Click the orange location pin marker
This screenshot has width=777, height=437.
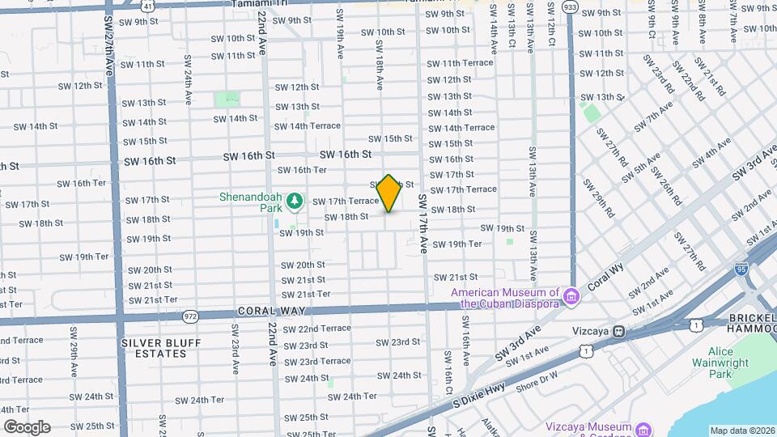(388, 193)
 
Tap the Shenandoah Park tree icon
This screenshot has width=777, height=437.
(295, 199)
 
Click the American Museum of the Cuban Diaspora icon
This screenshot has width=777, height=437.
(571, 298)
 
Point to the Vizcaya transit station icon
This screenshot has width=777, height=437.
(619, 330)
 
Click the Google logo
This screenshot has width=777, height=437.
(26, 426)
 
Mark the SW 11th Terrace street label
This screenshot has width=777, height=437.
(460, 62)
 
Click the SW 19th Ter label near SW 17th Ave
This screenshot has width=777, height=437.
(457, 244)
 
